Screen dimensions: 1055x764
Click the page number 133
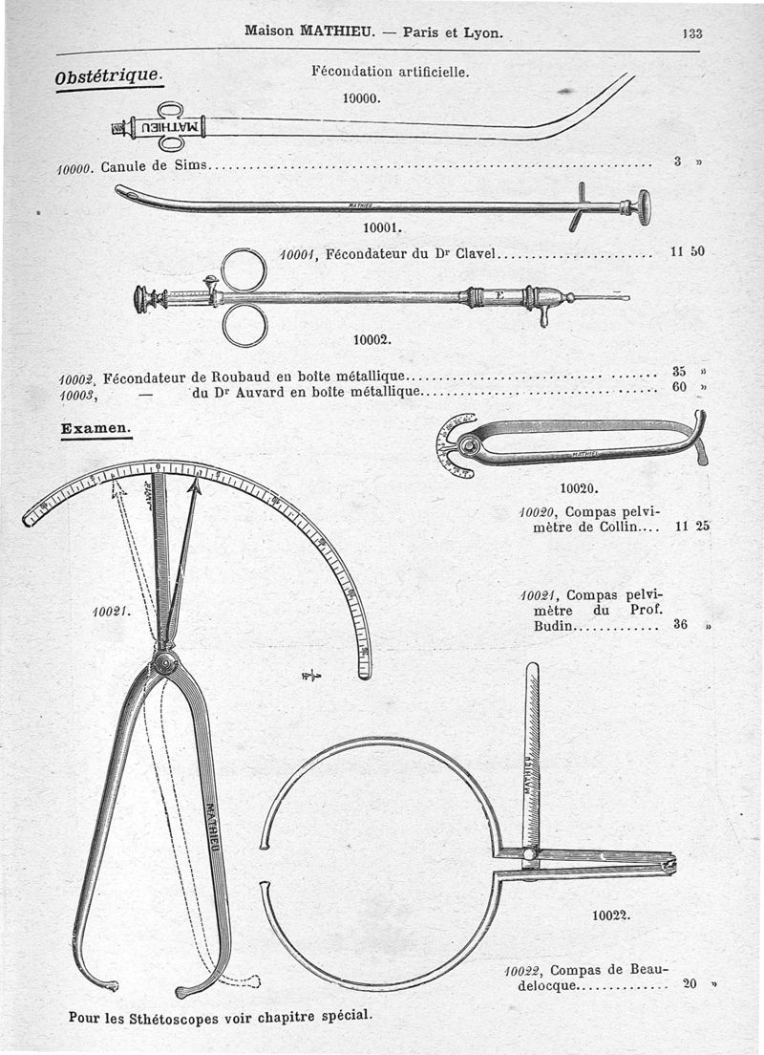click(692, 32)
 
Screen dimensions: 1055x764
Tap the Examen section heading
click(95, 429)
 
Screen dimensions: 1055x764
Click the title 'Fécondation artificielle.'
click(390, 71)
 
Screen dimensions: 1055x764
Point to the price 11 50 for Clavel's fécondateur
click(687, 252)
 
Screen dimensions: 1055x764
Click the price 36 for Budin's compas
click(682, 627)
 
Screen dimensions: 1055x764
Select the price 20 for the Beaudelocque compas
click(690, 982)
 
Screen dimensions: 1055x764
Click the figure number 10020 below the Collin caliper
click(579, 488)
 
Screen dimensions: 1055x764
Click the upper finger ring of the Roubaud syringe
click(244, 269)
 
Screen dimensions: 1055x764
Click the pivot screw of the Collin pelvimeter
click(468, 445)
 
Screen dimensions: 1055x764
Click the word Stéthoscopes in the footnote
click(172, 1018)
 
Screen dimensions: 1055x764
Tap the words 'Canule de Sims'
click(153, 166)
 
